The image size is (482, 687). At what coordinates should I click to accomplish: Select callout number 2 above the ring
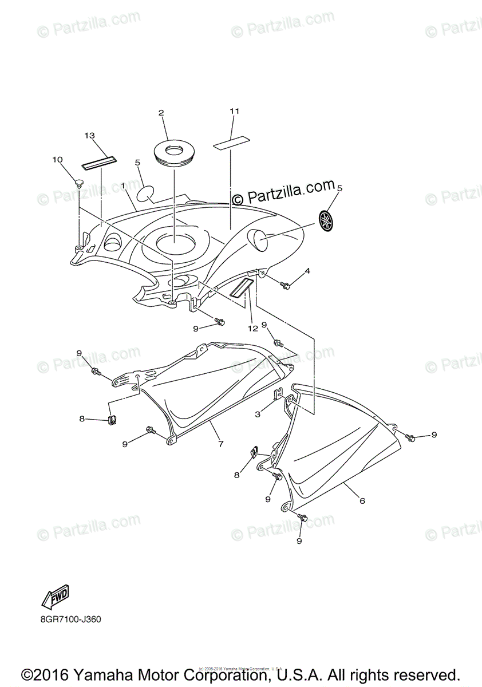tap(161, 113)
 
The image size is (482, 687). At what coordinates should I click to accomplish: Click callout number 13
tap(89, 136)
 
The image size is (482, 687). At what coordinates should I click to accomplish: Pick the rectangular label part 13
tap(98, 162)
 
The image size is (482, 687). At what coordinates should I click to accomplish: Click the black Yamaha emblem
tap(326, 219)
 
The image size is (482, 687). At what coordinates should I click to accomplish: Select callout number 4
tap(307, 271)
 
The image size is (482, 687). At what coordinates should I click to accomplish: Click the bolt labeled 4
tap(285, 284)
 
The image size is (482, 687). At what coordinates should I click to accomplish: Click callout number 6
tap(362, 500)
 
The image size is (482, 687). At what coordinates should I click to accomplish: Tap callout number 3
tap(258, 413)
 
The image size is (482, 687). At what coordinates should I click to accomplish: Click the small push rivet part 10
tap(79, 183)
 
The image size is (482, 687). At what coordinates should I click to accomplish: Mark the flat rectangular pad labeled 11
tap(232, 141)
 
